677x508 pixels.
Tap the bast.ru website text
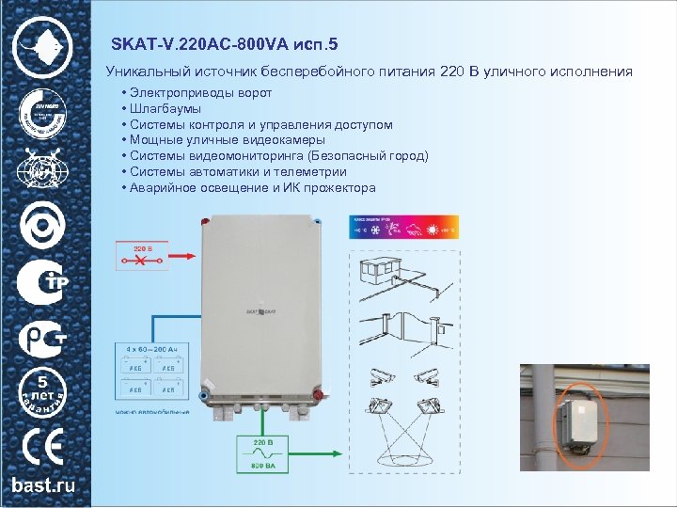pyautogui.click(x=44, y=485)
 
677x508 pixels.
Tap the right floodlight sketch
pyautogui.click(x=430, y=405)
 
